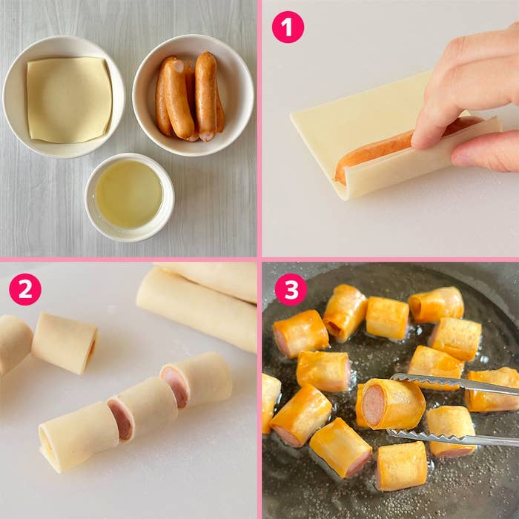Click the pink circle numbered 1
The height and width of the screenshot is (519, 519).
tap(288, 27)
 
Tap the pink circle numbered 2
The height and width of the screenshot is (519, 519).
tap(25, 289)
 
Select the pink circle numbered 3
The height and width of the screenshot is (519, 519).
tap(291, 289)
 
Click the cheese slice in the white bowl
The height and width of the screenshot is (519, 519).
tap(69, 99)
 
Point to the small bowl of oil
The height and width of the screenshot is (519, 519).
tap(130, 198)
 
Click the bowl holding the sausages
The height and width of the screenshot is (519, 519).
tap(194, 96)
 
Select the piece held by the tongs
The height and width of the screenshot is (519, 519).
tap(391, 404)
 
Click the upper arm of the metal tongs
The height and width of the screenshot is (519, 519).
tap(454, 383)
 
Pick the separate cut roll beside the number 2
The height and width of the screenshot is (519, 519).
tap(65, 343)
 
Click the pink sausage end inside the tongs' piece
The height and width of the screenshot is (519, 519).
tap(374, 405)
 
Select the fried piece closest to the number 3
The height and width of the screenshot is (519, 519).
tap(300, 334)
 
